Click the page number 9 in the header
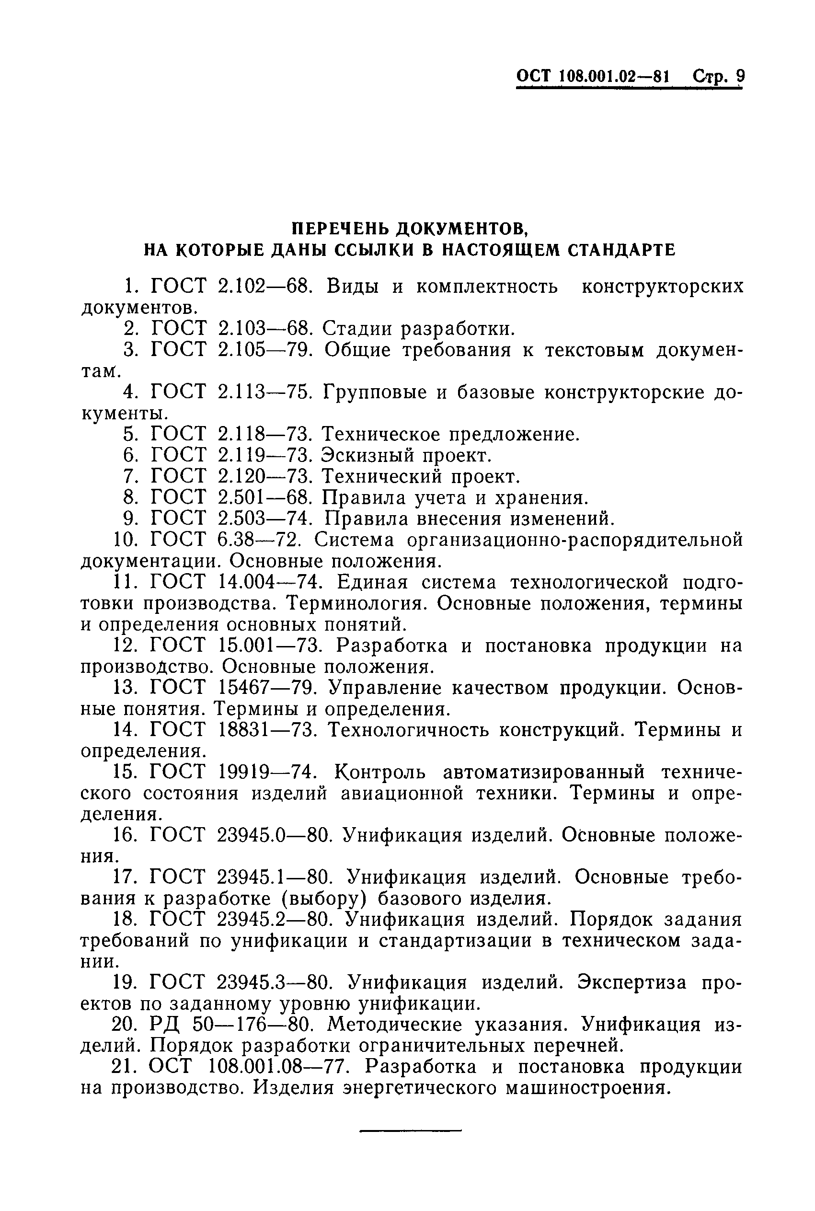[x=740, y=76]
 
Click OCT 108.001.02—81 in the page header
[x=593, y=76]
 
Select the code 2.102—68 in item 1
[x=264, y=287]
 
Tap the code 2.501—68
[x=264, y=498]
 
